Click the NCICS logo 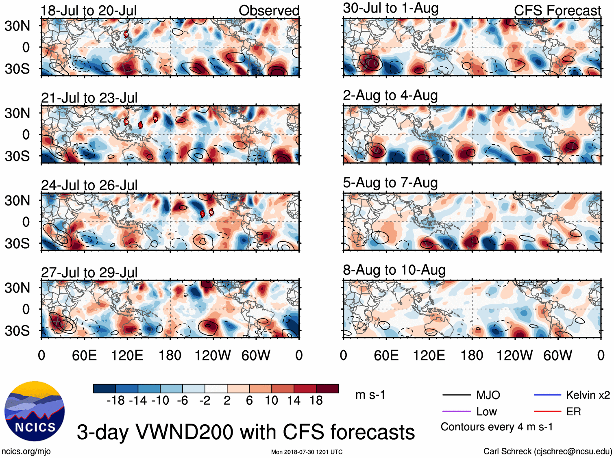tap(35, 411)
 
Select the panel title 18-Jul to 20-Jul tap(89, 11)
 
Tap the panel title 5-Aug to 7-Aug tap(390, 183)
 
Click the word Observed tap(269, 11)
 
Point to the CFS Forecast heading tap(557, 11)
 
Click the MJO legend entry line tap(456, 395)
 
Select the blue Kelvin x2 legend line tap(547, 395)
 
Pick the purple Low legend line tap(456, 412)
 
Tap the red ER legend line tap(547, 412)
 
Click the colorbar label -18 tap(115, 401)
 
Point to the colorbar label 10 tap(271, 401)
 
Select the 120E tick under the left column tap(127, 356)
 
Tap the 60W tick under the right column tap(557, 356)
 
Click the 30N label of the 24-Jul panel tap(17, 200)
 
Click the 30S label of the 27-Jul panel tap(17, 331)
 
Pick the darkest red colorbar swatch tap(327, 389)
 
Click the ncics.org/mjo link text tap(26, 451)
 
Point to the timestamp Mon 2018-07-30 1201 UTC tap(307, 452)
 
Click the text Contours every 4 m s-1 tap(496, 427)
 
